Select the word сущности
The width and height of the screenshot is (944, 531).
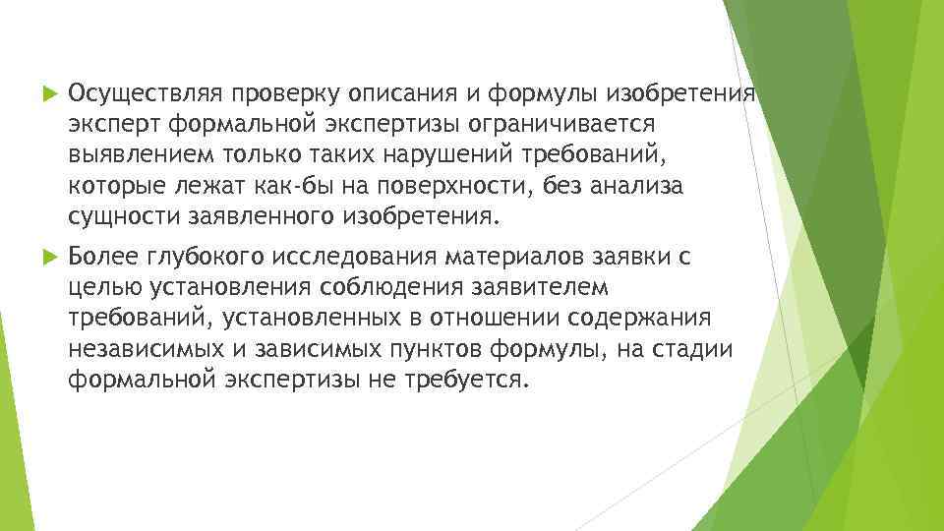click(x=114, y=217)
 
